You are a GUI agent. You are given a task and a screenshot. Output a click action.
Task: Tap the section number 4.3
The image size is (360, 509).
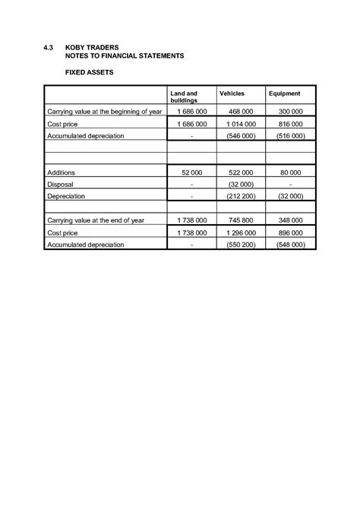(x=48, y=47)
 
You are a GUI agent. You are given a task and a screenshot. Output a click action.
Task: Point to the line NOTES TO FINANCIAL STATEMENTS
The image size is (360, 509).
(x=125, y=56)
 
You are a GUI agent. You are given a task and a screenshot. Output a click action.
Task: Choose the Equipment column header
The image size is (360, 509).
(x=285, y=93)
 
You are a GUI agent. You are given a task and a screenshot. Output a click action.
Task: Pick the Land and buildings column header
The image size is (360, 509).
(x=185, y=96)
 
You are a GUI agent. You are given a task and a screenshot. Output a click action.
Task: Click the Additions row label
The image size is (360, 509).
(x=62, y=172)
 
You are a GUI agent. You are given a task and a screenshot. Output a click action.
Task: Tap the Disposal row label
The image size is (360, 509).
(x=60, y=184)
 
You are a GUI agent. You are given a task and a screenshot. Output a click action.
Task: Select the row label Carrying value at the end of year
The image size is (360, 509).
(x=96, y=220)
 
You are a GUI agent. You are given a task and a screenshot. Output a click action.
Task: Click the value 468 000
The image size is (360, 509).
(x=242, y=112)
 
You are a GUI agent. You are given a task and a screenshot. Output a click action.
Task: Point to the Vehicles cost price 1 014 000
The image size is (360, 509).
(x=242, y=123)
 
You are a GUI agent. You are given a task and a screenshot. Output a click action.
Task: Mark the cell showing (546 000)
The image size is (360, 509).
(x=242, y=135)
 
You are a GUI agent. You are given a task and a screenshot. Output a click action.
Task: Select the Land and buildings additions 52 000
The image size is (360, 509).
(x=191, y=172)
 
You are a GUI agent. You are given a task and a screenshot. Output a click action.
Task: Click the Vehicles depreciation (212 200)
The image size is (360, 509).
(x=242, y=196)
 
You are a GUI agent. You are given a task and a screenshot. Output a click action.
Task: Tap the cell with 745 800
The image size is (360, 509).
(x=242, y=220)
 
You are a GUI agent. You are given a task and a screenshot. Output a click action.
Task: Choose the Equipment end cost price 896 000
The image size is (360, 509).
(x=292, y=232)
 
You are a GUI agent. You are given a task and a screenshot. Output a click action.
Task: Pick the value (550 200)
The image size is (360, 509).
(x=242, y=245)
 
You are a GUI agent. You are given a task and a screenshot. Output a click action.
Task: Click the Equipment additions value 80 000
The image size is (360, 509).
(x=292, y=172)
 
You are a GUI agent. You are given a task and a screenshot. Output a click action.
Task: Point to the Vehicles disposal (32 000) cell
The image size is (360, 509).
(x=242, y=184)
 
